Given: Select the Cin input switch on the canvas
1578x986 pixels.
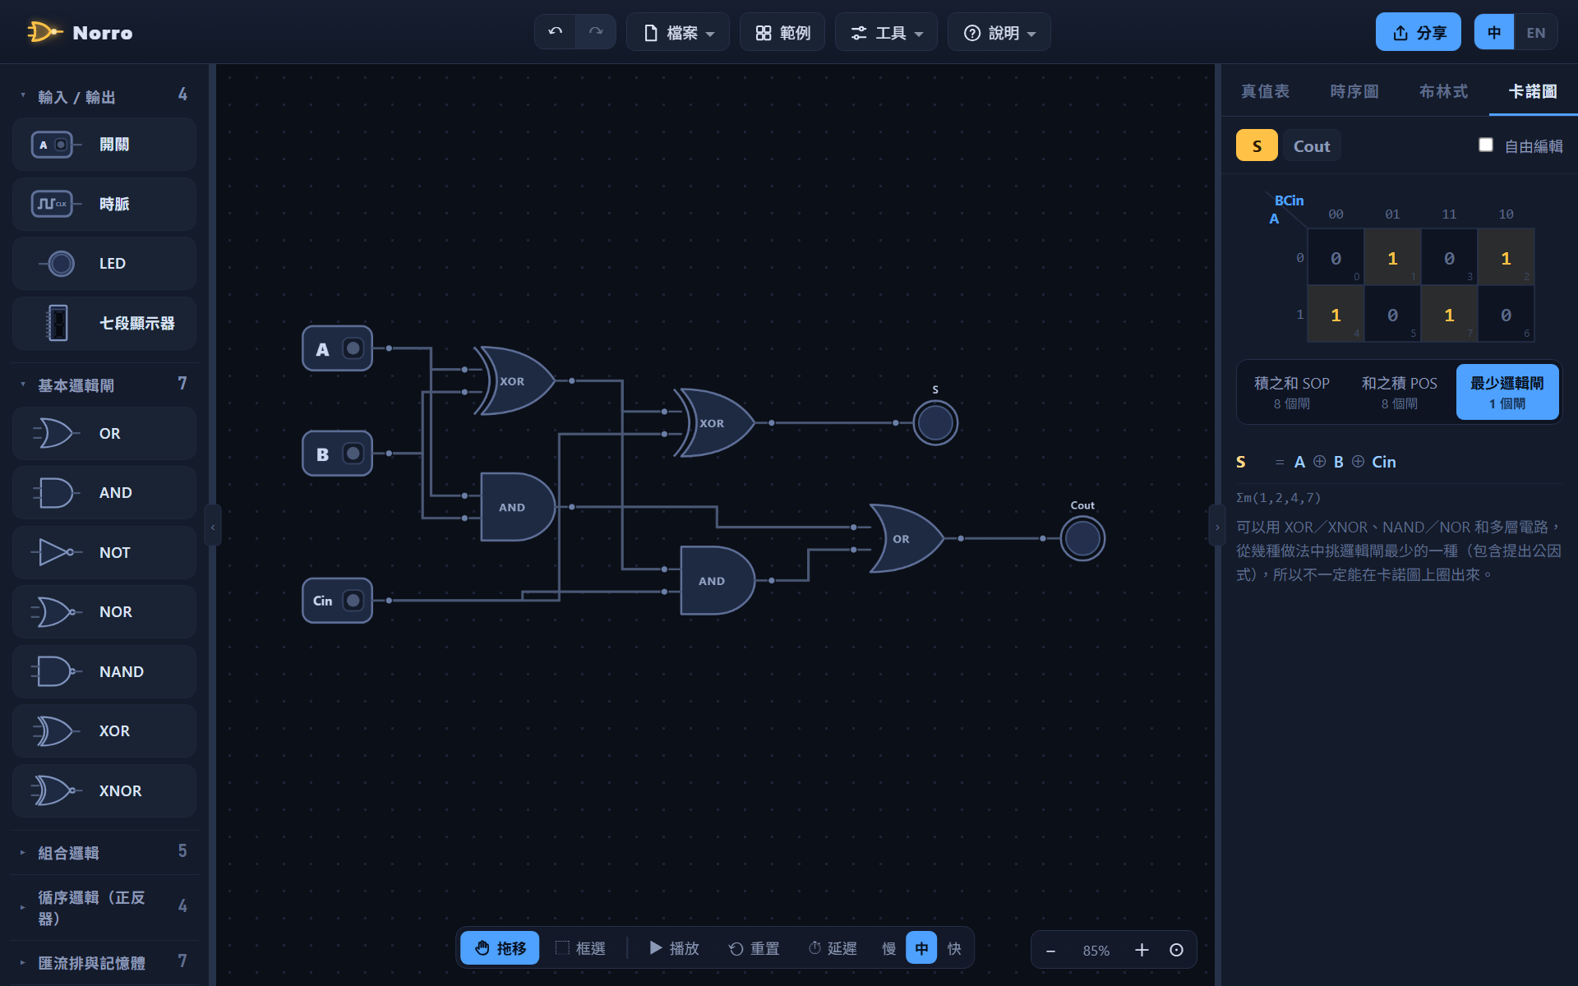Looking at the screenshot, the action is [x=338, y=601].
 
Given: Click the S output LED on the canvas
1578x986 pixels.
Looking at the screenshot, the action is [x=935, y=422].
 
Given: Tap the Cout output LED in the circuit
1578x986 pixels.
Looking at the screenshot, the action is [x=1082, y=538].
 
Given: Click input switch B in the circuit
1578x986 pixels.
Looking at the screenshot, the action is [x=338, y=454].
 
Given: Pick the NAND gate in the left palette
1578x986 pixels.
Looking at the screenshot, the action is [x=104, y=671].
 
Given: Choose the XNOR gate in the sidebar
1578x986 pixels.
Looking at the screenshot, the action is [x=104, y=790].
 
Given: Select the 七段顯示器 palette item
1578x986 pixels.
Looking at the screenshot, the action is [x=104, y=323].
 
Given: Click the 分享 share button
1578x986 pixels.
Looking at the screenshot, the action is [x=1419, y=32].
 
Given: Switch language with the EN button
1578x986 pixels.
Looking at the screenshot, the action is [x=1535, y=32].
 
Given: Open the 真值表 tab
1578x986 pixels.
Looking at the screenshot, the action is [x=1265, y=91].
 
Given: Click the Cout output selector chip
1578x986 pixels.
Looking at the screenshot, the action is [x=1312, y=146].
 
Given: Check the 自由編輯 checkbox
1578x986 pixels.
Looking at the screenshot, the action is [x=1486, y=145].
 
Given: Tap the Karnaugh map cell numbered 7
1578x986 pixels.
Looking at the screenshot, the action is [x=1449, y=315].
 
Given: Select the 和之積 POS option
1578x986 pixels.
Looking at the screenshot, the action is [x=1399, y=392].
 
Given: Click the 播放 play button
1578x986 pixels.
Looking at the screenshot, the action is [x=674, y=948].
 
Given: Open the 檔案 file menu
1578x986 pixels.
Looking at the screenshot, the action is [x=678, y=32].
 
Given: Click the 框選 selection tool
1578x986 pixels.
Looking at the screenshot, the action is [x=580, y=948].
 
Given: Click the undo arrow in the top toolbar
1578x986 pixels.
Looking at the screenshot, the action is [x=556, y=32].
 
